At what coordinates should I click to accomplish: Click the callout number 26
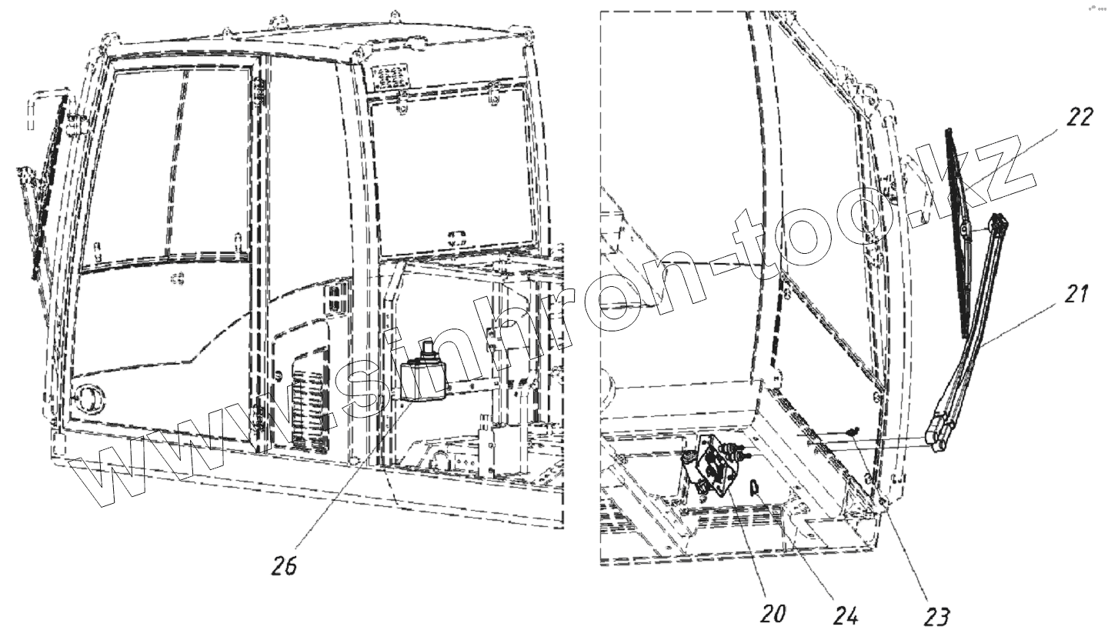(283, 565)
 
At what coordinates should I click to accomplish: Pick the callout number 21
(1077, 294)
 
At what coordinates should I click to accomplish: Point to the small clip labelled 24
(756, 486)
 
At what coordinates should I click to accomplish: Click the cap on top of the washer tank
(425, 353)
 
